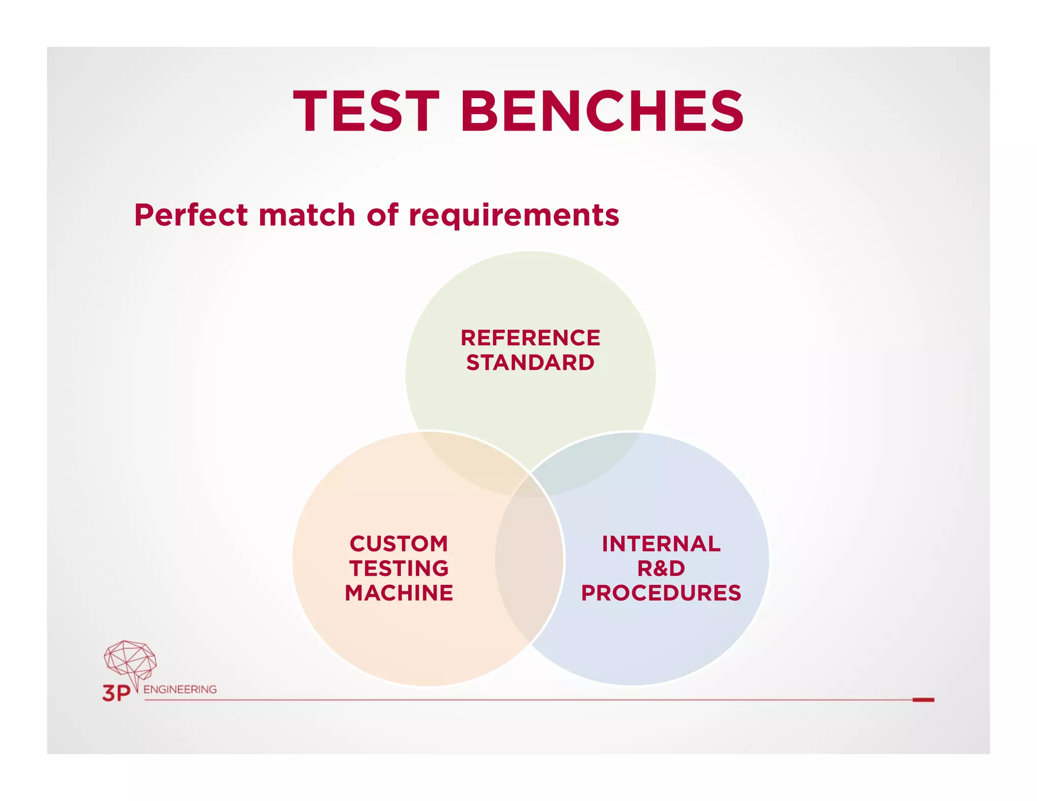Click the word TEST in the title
366,111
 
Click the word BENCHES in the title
602,111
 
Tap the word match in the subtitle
307,215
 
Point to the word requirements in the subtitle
513,216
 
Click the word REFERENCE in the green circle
530,338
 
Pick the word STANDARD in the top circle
530,363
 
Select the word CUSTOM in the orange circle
399,544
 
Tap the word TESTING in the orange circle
399,568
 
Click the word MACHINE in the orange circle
399,593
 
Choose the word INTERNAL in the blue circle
661,544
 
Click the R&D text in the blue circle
661,568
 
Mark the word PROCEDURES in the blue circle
661,593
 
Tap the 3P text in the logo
116,693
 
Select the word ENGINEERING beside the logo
180,689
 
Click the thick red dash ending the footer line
923,700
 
